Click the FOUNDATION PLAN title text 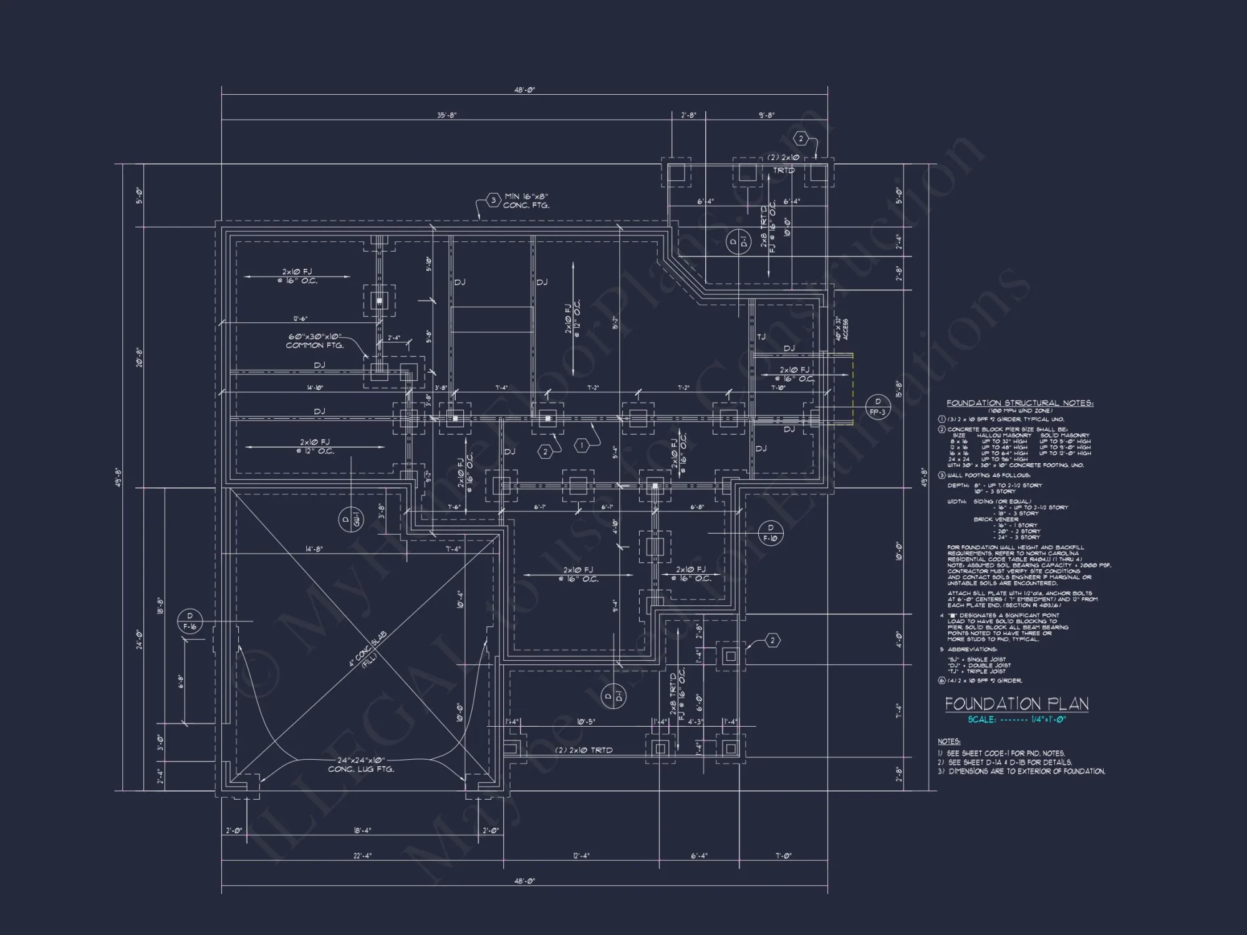point(1016,704)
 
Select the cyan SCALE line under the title point(1016,719)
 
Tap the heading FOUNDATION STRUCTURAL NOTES point(1019,403)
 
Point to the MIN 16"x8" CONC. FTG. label point(526,201)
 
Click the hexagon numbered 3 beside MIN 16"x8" point(493,200)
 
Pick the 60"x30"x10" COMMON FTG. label point(315,341)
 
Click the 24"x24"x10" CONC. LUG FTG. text point(361,765)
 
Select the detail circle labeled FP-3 point(878,407)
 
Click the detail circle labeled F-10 point(770,533)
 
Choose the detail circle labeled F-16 point(190,621)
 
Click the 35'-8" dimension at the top point(446,115)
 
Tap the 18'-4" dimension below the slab point(362,830)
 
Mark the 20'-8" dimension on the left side point(139,357)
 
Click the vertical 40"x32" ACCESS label point(842,328)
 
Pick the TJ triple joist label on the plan point(761,337)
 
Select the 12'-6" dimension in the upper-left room point(300,319)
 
